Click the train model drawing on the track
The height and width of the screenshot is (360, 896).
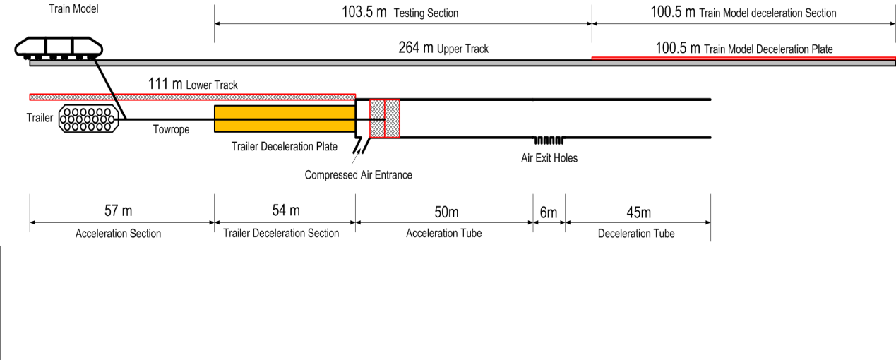point(59,49)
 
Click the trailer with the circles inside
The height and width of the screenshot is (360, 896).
point(88,119)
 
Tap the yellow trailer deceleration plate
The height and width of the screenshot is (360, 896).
point(284,118)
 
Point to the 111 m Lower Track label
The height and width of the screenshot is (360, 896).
point(193,85)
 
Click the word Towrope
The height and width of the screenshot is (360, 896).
point(171,130)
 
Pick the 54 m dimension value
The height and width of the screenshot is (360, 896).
point(285,211)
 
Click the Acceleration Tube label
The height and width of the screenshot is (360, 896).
point(443,233)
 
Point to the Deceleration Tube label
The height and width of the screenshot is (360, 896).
point(635,233)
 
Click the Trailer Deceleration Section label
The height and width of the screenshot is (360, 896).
point(285,233)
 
